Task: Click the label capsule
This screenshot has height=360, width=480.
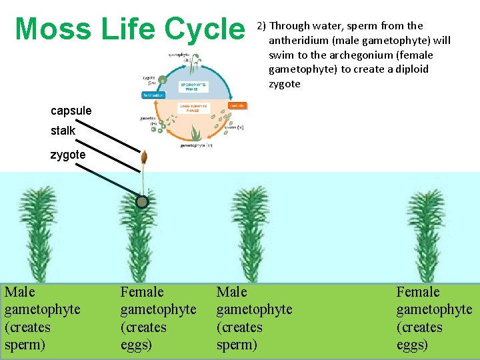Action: click(x=71, y=111)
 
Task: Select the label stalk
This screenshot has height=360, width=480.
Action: click(x=63, y=131)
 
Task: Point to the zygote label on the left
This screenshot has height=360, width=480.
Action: click(x=67, y=155)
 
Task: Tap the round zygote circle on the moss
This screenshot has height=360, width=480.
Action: click(x=142, y=202)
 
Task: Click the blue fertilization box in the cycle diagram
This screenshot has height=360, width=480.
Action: click(x=153, y=95)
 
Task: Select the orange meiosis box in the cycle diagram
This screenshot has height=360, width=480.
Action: click(x=238, y=105)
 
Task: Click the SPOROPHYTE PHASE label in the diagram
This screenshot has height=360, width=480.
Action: click(x=194, y=87)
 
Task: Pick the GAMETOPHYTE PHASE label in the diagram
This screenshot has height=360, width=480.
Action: click(x=193, y=108)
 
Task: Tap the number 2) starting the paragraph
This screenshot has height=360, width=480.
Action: click(x=261, y=26)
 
